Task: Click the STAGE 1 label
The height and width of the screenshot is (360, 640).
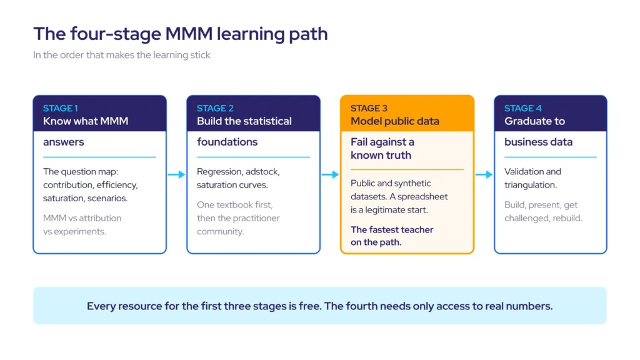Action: click(61, 108)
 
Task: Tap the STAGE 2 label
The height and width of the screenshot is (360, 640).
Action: click(215, 108)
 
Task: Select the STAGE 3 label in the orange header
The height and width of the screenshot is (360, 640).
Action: click(369, 108)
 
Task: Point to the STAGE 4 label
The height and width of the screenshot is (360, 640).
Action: click(523, 108)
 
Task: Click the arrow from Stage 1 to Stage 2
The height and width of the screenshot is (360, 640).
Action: click(177, 175)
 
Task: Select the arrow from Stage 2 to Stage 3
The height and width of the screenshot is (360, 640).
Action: click(330, 175)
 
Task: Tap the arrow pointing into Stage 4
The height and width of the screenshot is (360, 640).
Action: click(484, 175)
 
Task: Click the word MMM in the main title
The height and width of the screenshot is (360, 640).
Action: click(189, 34)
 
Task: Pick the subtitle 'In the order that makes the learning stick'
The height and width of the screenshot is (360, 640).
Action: click(122, 55)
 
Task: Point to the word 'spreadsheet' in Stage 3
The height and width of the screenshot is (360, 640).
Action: click(422, 196)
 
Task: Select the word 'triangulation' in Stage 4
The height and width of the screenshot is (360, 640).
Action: click(530, 185)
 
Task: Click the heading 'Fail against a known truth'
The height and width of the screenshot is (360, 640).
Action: click(382, 149)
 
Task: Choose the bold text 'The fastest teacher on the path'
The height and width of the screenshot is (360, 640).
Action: click(392, 236)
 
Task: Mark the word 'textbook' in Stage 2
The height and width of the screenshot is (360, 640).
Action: click(235, 205)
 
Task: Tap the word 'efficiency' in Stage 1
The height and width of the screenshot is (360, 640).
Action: click(117, 185)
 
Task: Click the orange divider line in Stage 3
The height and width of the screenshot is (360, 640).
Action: click(407, 169)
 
